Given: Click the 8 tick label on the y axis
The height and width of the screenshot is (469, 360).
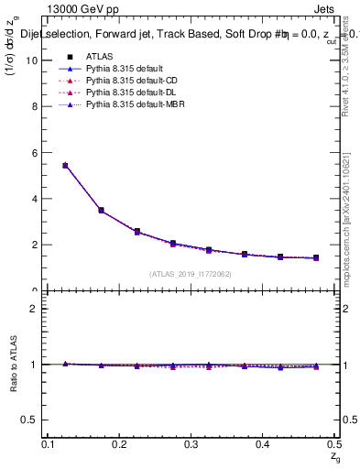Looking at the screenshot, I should (34, 106).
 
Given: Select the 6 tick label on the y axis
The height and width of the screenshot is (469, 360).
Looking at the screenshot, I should (34, 153).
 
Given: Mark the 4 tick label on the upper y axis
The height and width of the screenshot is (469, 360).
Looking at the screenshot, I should (34, 199).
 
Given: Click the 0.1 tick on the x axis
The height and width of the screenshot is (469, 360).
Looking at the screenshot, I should (49, 444).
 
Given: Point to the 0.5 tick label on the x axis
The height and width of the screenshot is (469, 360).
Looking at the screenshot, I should (334, 444).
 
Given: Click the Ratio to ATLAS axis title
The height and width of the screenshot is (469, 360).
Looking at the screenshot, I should (13, 365).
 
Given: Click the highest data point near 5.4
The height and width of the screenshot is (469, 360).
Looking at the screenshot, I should (65, 166).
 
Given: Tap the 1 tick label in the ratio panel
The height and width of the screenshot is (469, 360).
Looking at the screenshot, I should (34, 365).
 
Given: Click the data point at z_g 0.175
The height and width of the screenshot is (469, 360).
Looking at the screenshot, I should (101, 211).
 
